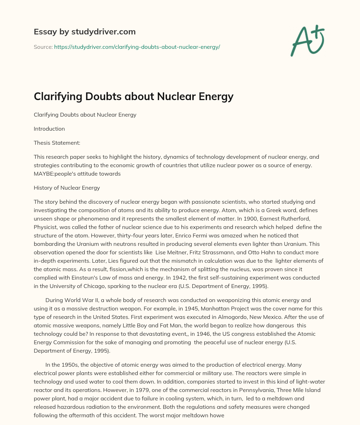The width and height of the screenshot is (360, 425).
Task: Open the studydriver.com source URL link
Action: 137,47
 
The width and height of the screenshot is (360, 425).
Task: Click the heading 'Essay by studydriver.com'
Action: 84,32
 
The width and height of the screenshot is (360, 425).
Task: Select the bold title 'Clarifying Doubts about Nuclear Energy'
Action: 133,96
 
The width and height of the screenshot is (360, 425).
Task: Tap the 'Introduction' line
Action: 49,129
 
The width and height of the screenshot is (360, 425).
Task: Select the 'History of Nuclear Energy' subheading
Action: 67,188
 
